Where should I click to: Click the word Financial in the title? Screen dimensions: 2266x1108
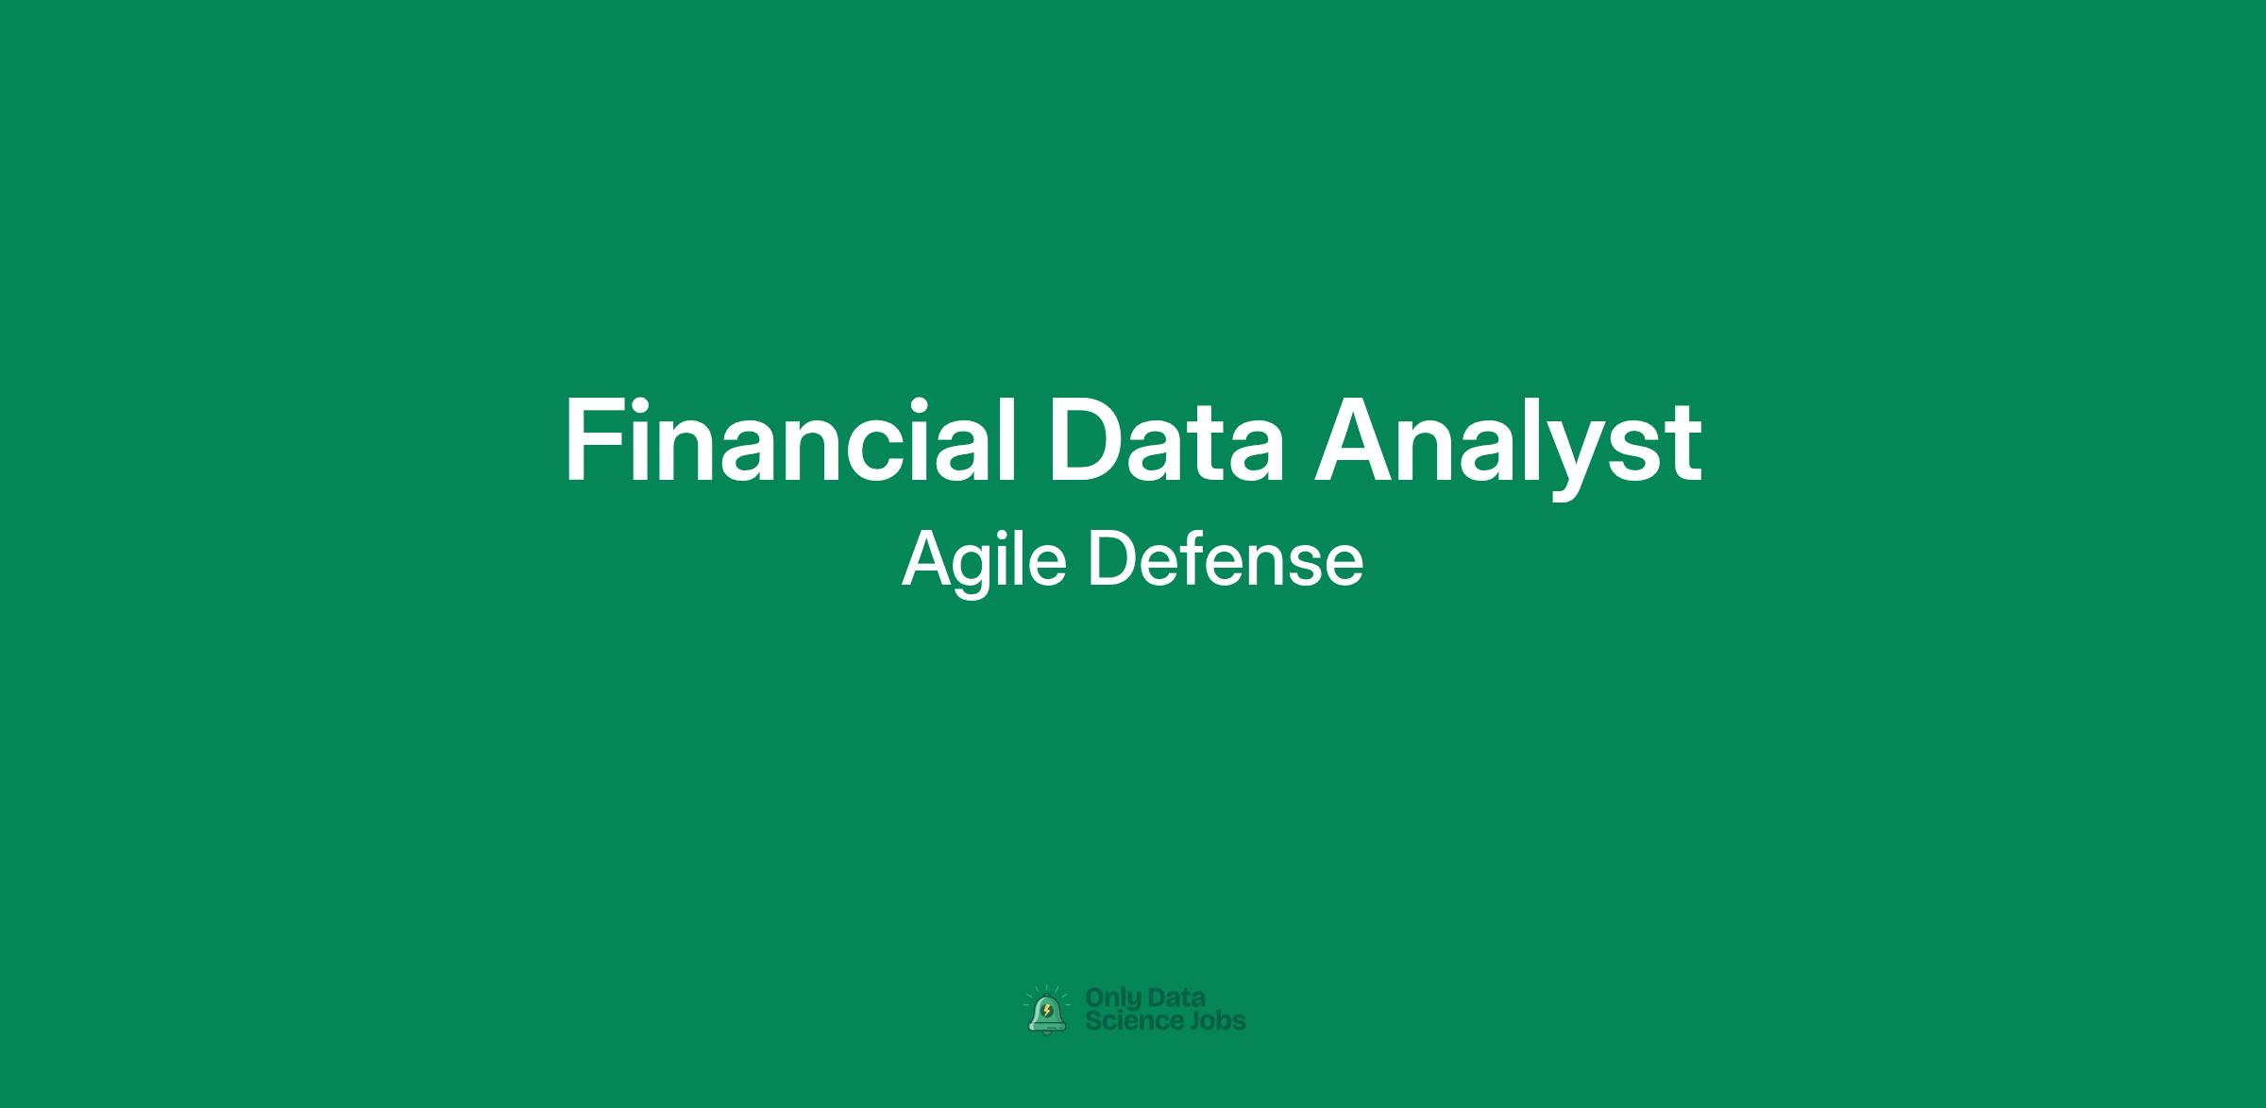790,440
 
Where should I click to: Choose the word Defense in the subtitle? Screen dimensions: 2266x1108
1226,560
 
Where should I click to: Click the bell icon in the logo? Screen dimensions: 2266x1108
1047,1012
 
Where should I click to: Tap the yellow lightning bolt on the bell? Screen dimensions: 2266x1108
1047,1011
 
